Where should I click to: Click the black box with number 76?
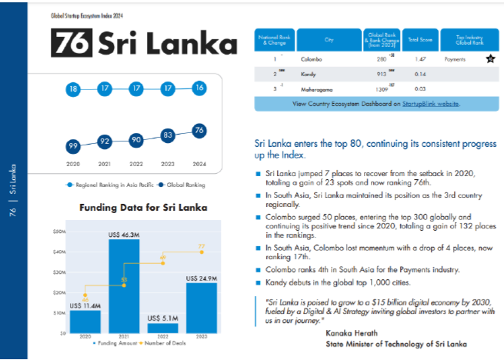click(x=72, y=43)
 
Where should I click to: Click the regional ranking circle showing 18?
click(x=73, y=89)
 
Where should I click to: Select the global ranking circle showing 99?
click(x=73, y=145)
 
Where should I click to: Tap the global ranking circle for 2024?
click(x=199, y=130)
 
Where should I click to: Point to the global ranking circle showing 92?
click(x=105, y=142)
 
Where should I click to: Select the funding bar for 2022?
click(x=162, y=328)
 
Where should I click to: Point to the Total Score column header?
click(x=419, y=38)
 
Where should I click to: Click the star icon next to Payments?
click(x=490, y=58)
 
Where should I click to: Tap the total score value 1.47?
click(x=420, y=58)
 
